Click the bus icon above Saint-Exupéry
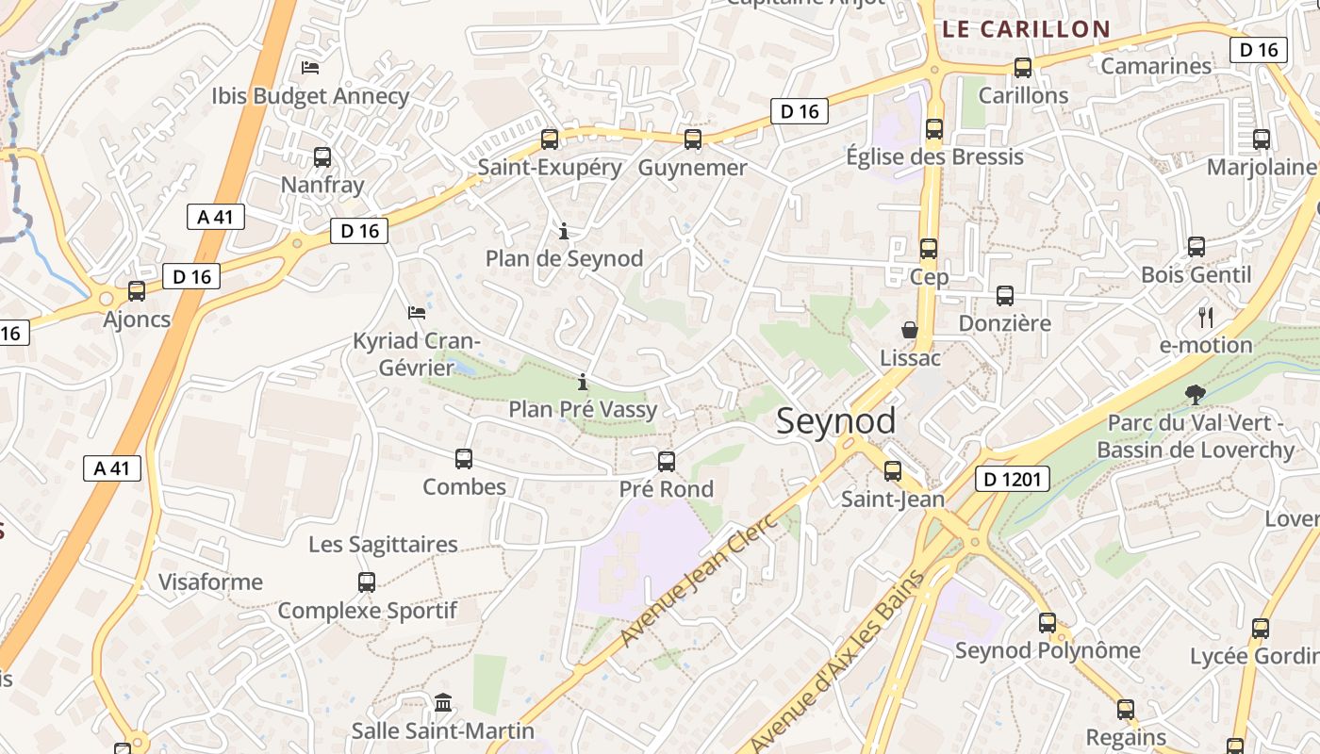550,139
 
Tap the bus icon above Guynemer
693,139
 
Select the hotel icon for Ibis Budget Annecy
310,67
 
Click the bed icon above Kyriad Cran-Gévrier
417,312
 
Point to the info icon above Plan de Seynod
564,230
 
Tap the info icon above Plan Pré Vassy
583,381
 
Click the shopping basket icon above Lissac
910,330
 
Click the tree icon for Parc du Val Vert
1196,394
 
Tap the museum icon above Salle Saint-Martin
443,702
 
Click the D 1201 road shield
1012,479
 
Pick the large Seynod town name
835,421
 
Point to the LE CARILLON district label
1026,29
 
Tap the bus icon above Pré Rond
667,461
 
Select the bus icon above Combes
464,459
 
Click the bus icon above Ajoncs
137,291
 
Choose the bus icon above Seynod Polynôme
1048,622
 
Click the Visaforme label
210,582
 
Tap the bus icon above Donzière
1005,295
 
